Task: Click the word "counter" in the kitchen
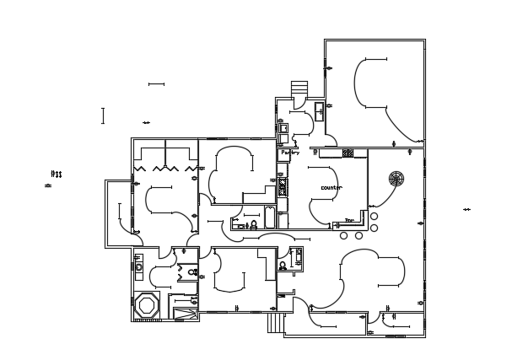[x=331, y=187]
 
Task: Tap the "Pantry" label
[x=290, y=153]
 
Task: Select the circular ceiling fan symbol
[x=396, y=178]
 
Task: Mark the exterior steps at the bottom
[x=274, y=321]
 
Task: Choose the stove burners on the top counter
[x=348, y=153]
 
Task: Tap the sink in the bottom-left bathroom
[x=138, y=266]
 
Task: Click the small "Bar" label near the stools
[x=349, y=221]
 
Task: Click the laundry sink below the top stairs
[x=320, y=110]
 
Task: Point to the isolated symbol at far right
[x=466, y=209]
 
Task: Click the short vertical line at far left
[x=103, y=116]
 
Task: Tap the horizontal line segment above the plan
[x=156, y=84]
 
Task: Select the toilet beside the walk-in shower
[x=193, y=272]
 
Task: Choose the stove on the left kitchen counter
[x=283, y=187]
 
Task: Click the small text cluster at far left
[x=57, y=175]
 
